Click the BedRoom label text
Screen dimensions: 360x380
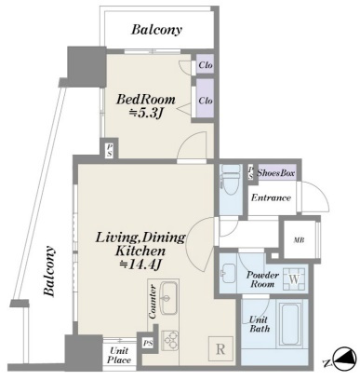tap(145, 100)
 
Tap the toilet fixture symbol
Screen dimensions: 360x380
tap(230, 180)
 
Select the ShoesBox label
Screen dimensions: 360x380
tap(275, 173)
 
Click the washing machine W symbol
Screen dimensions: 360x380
tap(294, 278)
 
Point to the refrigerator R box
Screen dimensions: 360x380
tap(220, 349)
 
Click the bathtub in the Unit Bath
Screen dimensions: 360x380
tap(290, 323)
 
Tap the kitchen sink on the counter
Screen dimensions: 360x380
tap(168, 298)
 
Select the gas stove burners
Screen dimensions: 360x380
tap(170, 340)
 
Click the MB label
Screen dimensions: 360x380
tap(299, 239)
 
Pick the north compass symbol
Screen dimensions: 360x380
tap(343, 358)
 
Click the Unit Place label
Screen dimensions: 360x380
tap(119, 356)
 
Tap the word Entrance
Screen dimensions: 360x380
tap(271, 197)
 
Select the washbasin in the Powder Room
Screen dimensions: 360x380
tap(229, 273)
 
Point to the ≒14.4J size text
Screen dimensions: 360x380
tap(140, 265)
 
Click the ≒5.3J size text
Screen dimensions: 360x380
tap(146, 114)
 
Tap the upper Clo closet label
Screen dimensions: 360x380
tap(206, 65)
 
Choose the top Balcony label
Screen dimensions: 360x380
tap(156, 30)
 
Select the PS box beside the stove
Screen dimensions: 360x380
tap(148, 343)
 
